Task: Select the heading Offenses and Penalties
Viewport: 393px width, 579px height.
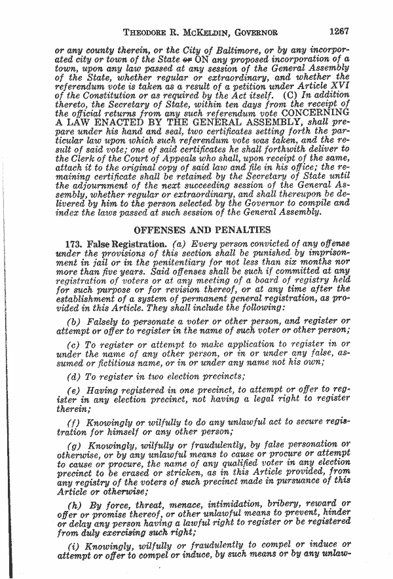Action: pyautogui.click(x=202, y=230)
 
